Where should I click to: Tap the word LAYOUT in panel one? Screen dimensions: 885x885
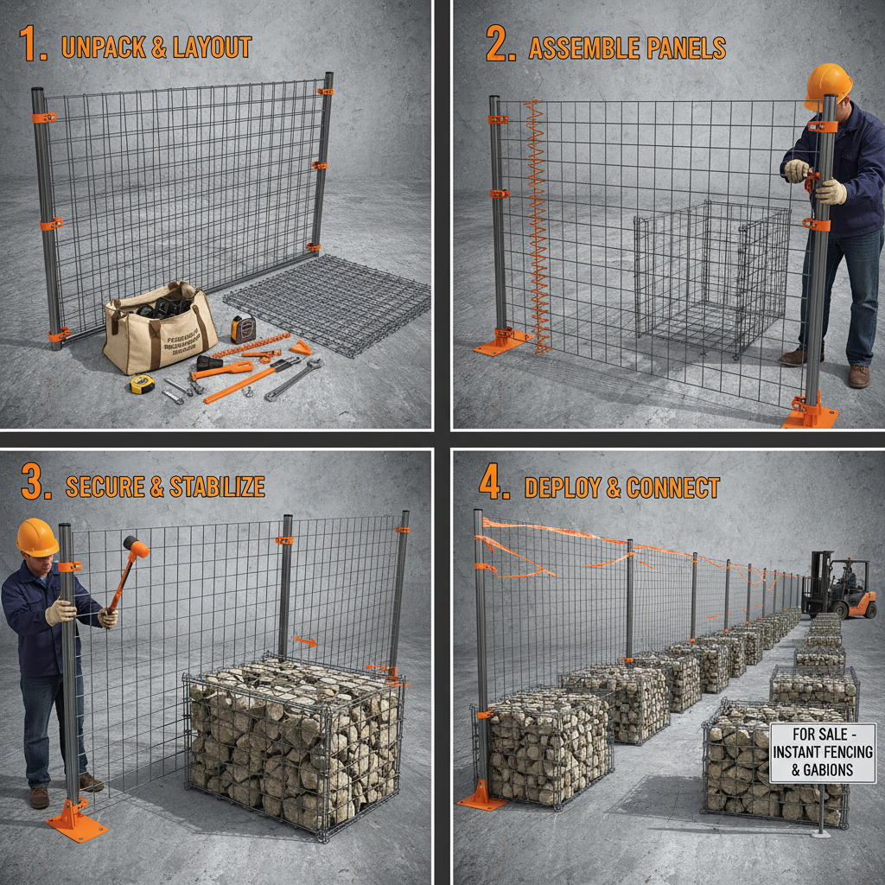pyautogui.click(x=211, y=47)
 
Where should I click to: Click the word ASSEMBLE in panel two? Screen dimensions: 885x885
pyautogui.click(x=586, y=48)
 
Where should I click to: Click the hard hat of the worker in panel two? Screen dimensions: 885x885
pyautogui.click(x=827, y=85)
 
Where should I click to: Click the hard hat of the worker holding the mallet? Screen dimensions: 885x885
pyautogui.click(x=37, y=537)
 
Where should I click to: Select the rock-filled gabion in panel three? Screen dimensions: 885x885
pyautogui.click(x=292, y=743)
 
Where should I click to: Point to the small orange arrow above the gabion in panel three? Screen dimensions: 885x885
pyautogui.click(x=304, y=641)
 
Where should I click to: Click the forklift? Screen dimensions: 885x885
pyautogui.click(x=837, y=588)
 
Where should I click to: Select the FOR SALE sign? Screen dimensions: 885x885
pyautogui.click(x=821, y=753)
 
